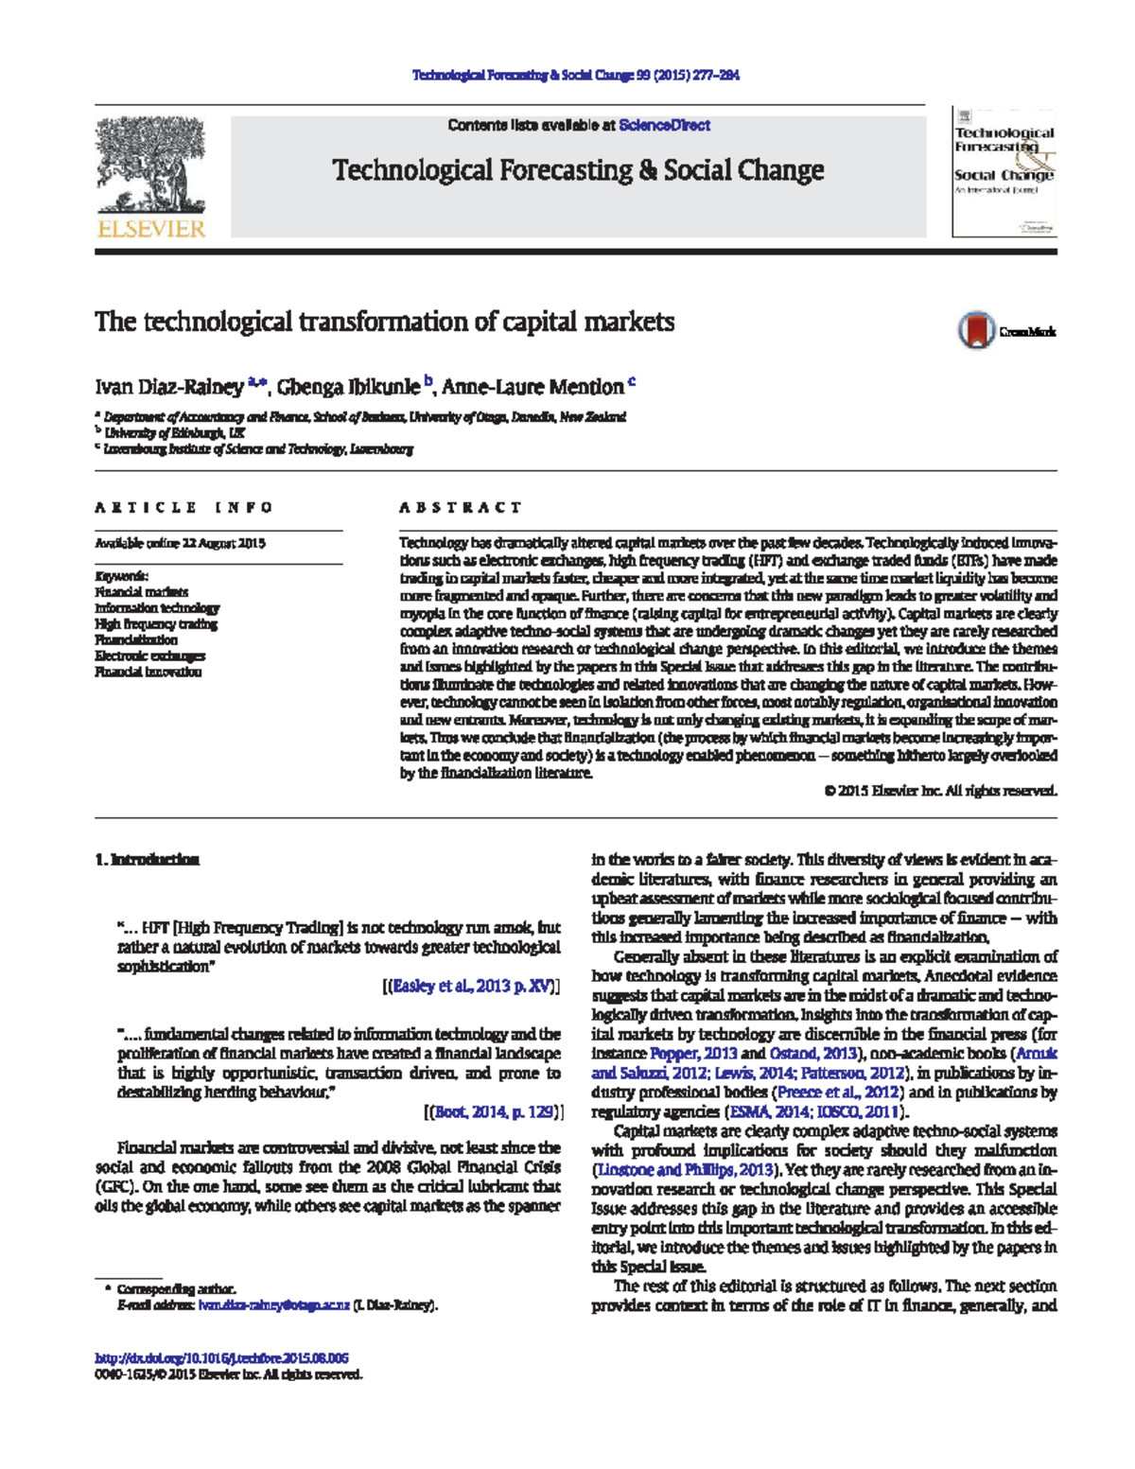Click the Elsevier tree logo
click(x=150, y=166)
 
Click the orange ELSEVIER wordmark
click(x=151, y=228)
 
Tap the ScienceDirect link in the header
click(x=664, y=125)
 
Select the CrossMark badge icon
click(x=976, y=330)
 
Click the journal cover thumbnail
click(x=1004, y=171)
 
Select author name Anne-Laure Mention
click(x=533, y=387)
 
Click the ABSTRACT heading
click(x=460, y=508)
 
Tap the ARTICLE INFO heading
click(x=183, y=508)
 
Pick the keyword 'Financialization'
click(x=136, y=639)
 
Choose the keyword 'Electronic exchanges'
click(x=149, y=656)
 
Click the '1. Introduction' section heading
click(x=148, y=860)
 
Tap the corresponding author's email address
click(x=274, y=1305)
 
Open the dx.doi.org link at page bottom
click(x=221, y=1357)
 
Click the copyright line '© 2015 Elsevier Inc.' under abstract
click(x=939, y=791)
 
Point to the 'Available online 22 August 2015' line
click(x=180, y=543)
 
